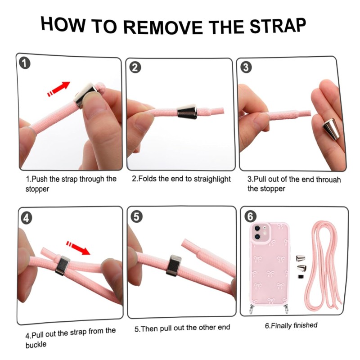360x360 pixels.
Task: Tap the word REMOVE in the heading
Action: point(163,27)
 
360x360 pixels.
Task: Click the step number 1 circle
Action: point(25,63)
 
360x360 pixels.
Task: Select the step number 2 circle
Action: point(135,67)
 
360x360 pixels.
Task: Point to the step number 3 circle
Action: point(246,67)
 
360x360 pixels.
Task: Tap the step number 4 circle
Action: point(27,218)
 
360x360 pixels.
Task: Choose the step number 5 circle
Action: point(136,216)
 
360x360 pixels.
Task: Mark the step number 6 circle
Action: point(250,216)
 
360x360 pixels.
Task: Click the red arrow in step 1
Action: point(58,89)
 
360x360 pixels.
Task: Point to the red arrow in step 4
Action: point(78,247)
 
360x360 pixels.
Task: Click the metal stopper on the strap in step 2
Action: point(187,112)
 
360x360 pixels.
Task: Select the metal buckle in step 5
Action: point(174,265)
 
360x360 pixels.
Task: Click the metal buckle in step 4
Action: point(63,265)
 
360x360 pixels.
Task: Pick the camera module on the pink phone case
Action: point(261,232)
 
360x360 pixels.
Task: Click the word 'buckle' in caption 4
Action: point(36,345)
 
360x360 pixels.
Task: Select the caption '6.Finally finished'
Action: point(291,325)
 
